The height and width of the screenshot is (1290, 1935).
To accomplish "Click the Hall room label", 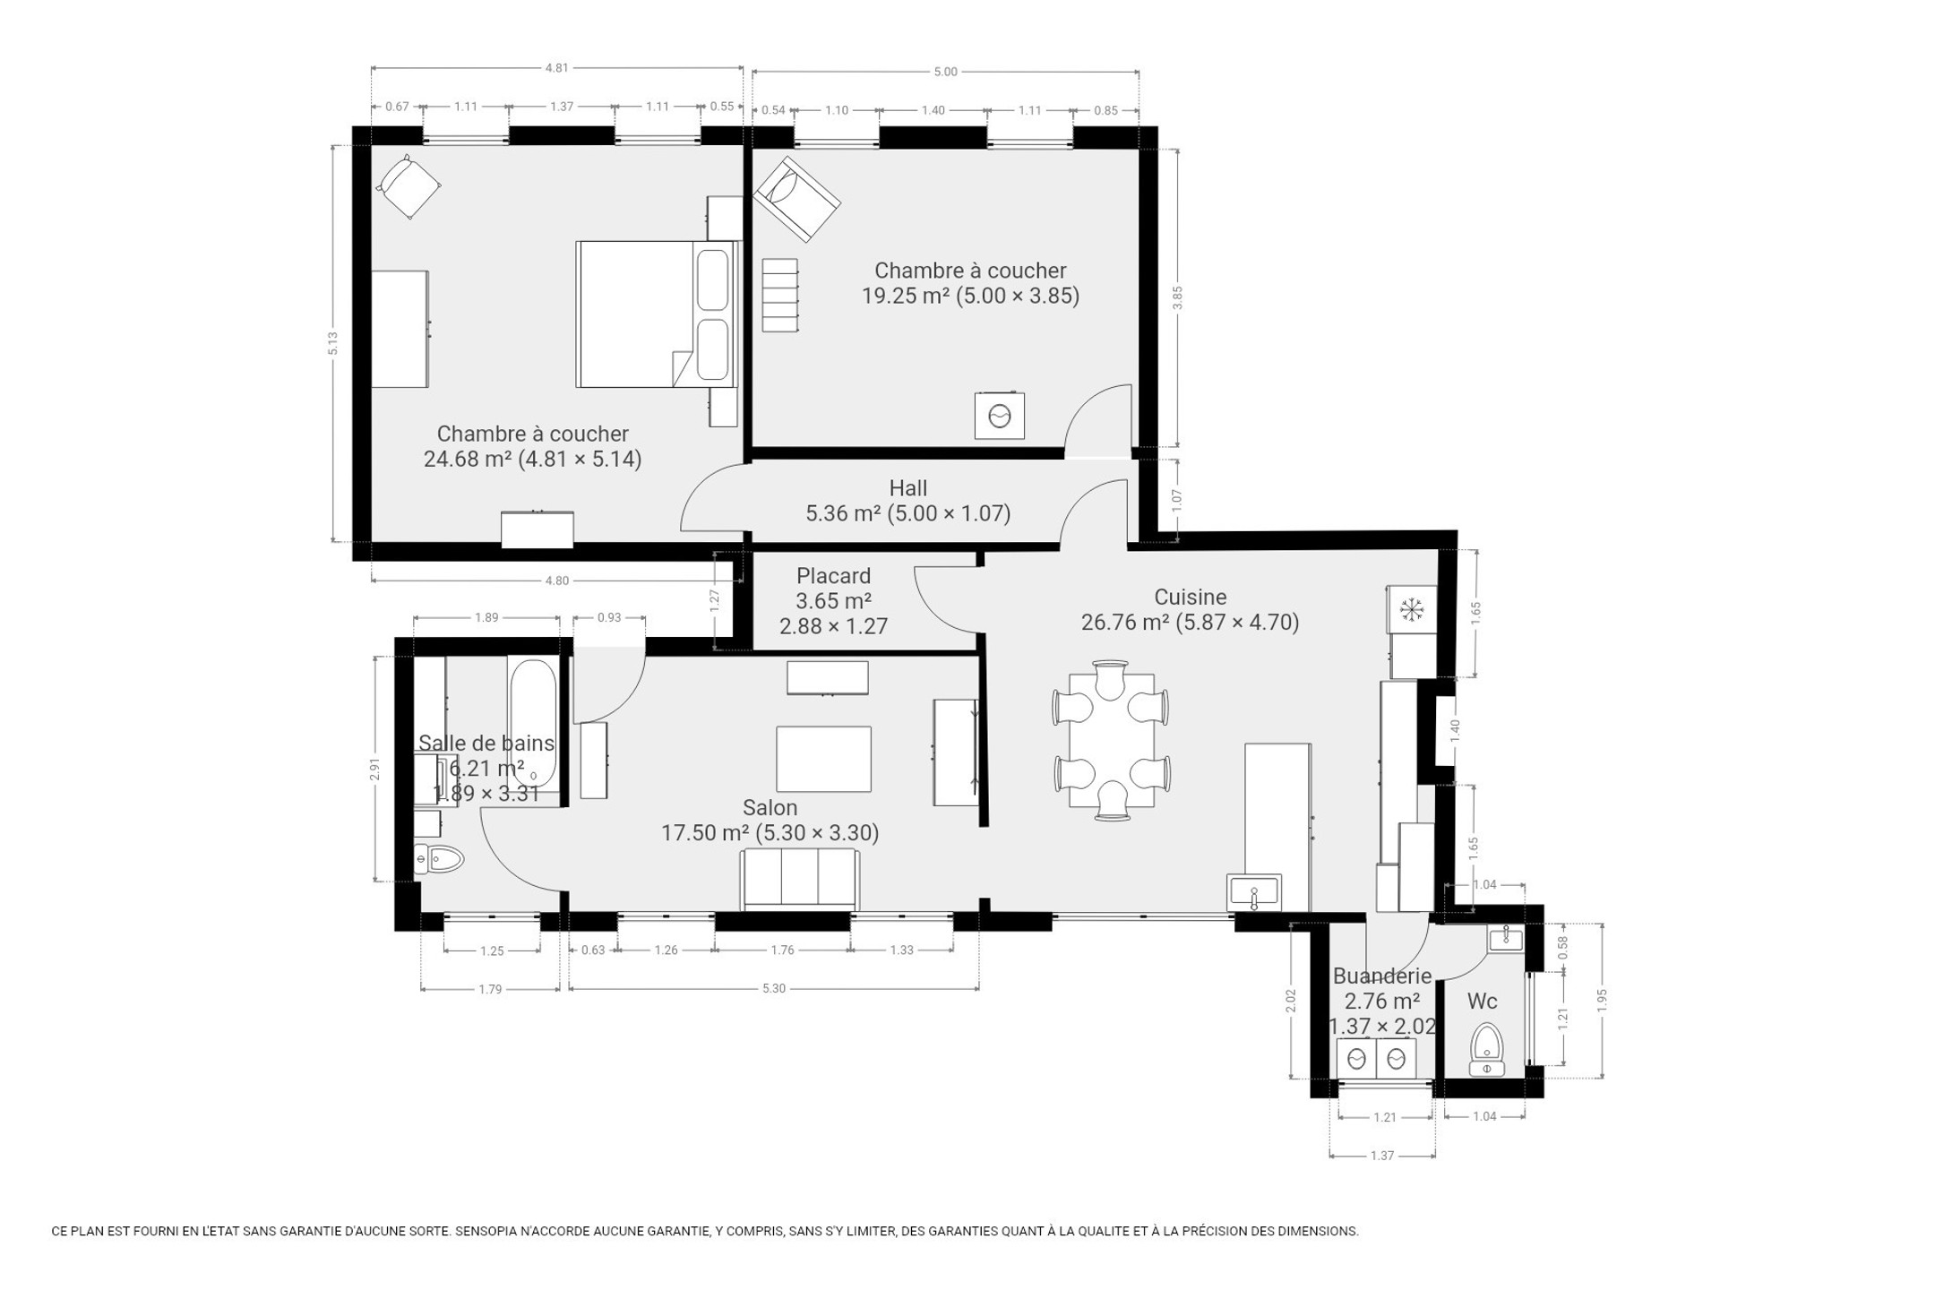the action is pos(907,488).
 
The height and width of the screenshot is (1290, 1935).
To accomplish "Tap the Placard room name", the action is pos(833,576).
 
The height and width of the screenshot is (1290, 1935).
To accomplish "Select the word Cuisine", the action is pos(1190,597).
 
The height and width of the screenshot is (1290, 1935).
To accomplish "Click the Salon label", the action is pos(770,807).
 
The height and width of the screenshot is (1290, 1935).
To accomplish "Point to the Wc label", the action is pos(1482,1002).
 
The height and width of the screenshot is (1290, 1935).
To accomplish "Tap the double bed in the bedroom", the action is pos(655,314).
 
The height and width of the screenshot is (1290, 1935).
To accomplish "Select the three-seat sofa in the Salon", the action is pos(799,879).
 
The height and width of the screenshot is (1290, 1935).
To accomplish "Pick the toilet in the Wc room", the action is pos(1487,1049).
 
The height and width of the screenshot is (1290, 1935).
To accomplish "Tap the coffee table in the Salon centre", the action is pos(823,759).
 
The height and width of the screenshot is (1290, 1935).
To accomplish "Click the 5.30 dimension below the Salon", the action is pos(773,989).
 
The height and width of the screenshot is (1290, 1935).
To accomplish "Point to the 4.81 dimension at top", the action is pos(556,67).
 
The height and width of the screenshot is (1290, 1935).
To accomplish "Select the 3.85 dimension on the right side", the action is pos(1177,297).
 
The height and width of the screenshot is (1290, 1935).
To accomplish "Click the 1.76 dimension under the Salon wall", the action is pos(782,950).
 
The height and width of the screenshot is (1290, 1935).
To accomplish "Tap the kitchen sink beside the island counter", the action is pos(1255,892).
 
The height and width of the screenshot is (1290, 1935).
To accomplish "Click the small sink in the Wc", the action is pos(1506,939).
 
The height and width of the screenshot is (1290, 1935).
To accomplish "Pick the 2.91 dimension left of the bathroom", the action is pos(374,769).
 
